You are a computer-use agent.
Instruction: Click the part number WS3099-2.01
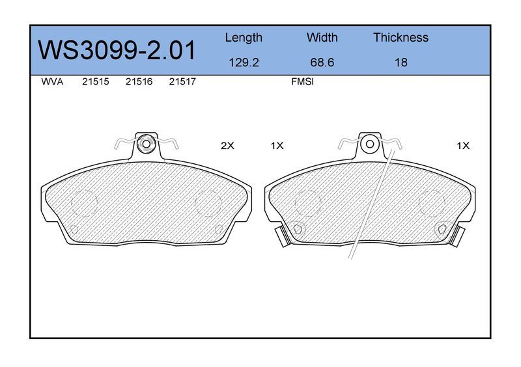click(x=117, y=51)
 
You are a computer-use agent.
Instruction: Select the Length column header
click(x=244, y=38)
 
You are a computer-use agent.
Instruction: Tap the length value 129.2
click(x=244, y=62)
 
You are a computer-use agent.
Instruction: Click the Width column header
click(x=322, y=37)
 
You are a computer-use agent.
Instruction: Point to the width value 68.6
click(x=322, y=62)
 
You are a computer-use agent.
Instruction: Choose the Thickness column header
click(x=401, y=37)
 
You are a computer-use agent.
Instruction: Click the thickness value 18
click(x=401, y=62)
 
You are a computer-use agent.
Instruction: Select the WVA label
click(x=52, y=82)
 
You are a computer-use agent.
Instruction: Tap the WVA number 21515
click(x=95, y=82)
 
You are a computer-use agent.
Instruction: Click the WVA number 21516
click(x=139, y=82)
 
